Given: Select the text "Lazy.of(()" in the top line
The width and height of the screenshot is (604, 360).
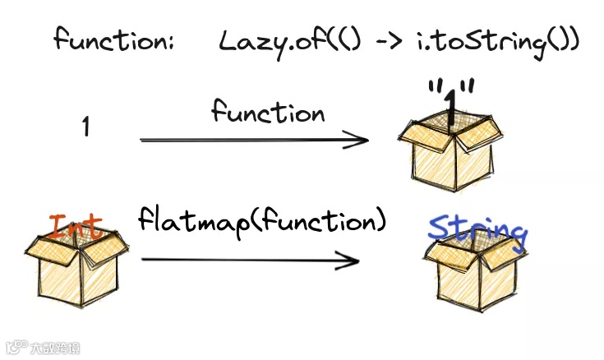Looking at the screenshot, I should click(x=268, y=41).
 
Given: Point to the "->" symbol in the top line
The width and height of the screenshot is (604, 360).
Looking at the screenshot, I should click(x=376, y=42).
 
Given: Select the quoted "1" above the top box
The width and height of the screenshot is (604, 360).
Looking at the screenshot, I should click(x=450, y=97).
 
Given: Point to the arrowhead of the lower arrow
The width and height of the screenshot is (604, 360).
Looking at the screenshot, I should click(x=352, y=261).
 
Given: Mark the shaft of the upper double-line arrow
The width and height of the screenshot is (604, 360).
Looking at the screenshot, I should click(x=247, y=140).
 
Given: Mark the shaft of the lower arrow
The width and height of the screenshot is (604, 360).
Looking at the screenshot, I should click(x=247, y=261).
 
